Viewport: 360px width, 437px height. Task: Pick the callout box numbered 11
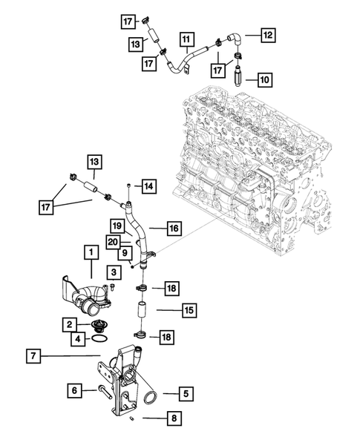185,38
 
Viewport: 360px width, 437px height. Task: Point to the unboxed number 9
128,253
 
